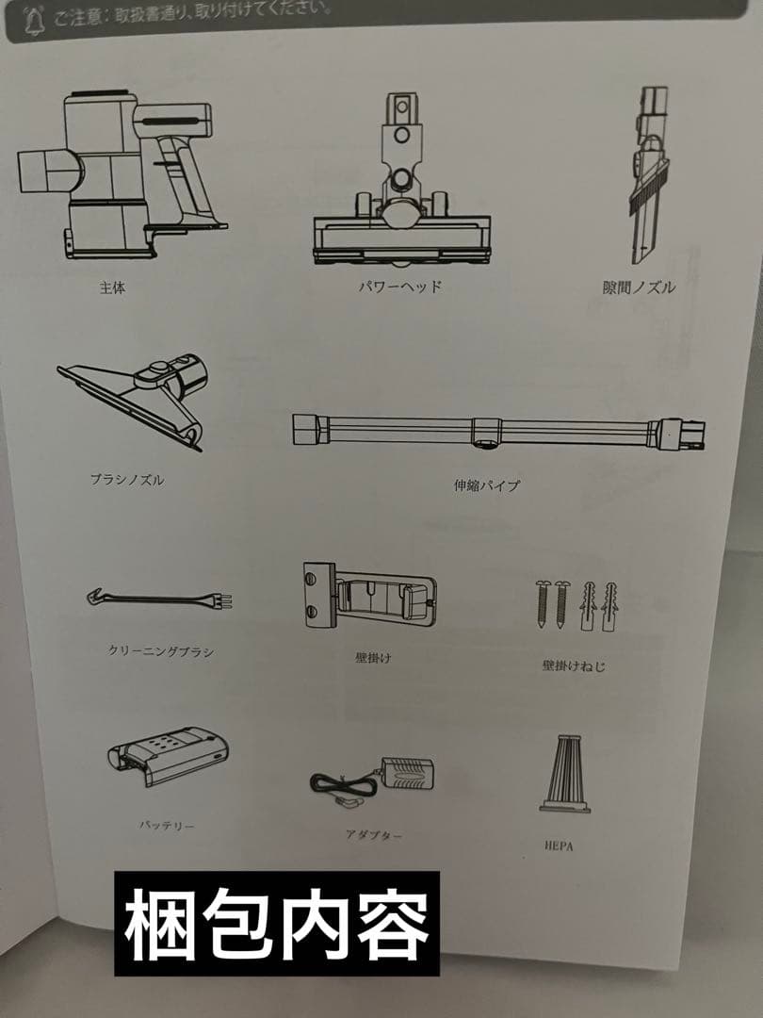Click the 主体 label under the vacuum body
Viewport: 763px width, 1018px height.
[x=112, y=288]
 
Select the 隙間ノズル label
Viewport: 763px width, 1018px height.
[x=639, y=288]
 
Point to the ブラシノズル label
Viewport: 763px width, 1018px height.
[x=126, y=479]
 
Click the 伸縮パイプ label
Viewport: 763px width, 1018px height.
[x=486, y=485]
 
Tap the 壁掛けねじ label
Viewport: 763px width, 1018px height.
[x=574, y=665]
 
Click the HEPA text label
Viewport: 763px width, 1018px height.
[x=558, y=846]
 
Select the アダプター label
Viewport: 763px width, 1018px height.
[x=374, y=834]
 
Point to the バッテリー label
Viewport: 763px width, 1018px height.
[x=167, y=825]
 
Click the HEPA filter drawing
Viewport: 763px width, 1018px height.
[x=565, y=773]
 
